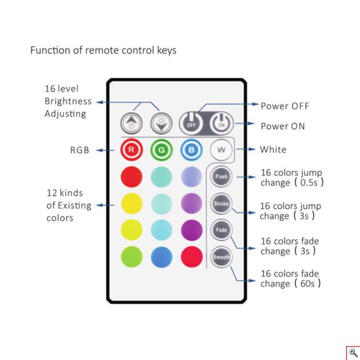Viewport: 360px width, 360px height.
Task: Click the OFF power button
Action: pos(191,123)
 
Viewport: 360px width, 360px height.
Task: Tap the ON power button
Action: pos(222,123)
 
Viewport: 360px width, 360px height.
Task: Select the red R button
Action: pos(131,150)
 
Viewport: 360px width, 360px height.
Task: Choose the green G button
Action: pos(161,150)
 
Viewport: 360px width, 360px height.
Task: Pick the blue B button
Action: pos(191,150)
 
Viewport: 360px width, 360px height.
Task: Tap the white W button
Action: pos(221,150)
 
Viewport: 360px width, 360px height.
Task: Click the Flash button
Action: pos(221,177)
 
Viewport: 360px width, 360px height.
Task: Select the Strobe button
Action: pos(221,203)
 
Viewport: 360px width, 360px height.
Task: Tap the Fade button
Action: pos(221,230)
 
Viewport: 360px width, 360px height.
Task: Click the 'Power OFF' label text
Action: pos(285,106)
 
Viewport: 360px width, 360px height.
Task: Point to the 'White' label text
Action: pos(273,150)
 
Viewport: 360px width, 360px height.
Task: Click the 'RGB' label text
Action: pos(79,150)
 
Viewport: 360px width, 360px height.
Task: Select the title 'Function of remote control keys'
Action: pos(103,50)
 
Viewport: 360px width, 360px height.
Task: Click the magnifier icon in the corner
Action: pos(353,353)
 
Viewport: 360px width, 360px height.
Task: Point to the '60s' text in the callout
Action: pos(307,284)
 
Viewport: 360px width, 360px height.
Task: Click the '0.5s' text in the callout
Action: pos(309,183)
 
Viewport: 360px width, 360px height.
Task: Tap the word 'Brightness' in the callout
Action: pos(68,101)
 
